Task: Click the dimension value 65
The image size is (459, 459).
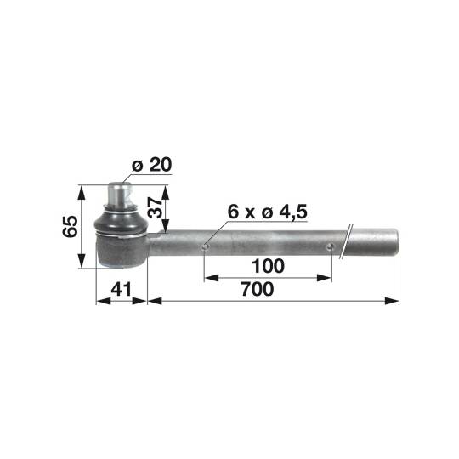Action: pyautogui.click(x=71, y=226)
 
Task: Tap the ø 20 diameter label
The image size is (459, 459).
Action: pyautogui.click(x=150, y=166)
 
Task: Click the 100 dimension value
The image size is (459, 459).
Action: pyautogui.click(x=269, y=266)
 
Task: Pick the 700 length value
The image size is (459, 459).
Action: pyautogui.click(x=257, y=290)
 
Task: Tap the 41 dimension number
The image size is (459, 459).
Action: pyautogui.click(x=122, y=290)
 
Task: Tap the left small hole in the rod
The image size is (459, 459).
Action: pyautogui.click(x=205, y=247)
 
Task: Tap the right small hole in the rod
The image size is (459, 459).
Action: pyautogui.click(x=331, y=247)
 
